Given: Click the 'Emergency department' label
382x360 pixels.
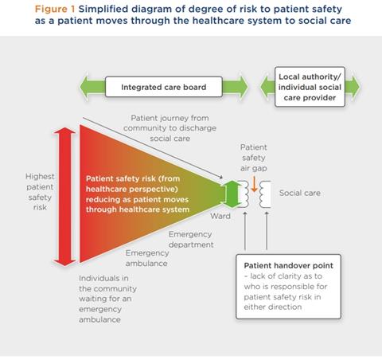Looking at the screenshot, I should pos(191,239).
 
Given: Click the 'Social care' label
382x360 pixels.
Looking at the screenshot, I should pos(301,194).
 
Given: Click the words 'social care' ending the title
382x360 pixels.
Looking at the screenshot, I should pos(325,22).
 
